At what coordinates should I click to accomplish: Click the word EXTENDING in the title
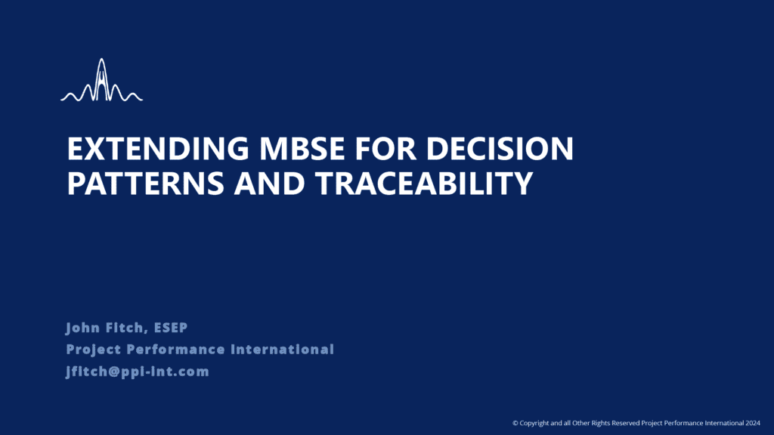pyautogui.click(x=158, y=149)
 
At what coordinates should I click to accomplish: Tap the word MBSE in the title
pyautogui.click(x=302, y=149)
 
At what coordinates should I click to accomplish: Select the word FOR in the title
pyautogui.click(x=385, y=149)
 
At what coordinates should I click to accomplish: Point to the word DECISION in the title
pyautogui.click(x=500, y=149)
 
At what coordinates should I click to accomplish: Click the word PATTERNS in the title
pyautogui.click(x=146, y=183)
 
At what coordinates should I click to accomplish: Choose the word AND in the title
pyautogui.click(x=270, y=183)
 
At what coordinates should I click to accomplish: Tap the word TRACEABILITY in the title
pyautogui.click(x=425, y=183)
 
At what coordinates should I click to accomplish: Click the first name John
pyautogui.click(x=83, y=328)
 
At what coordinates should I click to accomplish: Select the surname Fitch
pyautogui.click(x=126, y=328)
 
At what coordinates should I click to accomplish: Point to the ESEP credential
pyautogui.click(x=171, y=328)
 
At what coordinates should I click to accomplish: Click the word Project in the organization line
pyautogui.click(x=94, y=350)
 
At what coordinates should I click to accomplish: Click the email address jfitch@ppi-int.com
pyautogui.click(x=138, y=372)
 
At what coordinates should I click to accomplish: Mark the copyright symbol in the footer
pyautogui.click(x=515, y=423)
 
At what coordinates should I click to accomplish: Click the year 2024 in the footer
pyautogui.click(x=753, y=423)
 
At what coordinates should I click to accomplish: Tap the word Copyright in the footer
pyautogui.click(x=534, y=423)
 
